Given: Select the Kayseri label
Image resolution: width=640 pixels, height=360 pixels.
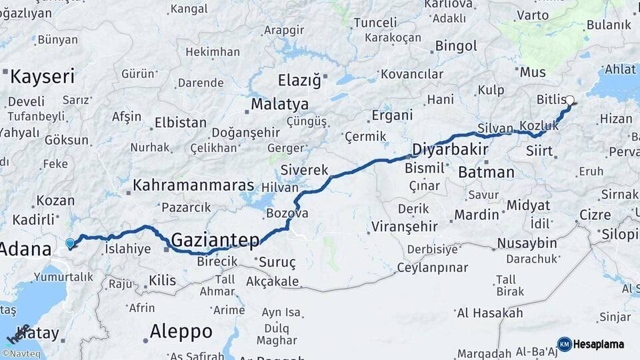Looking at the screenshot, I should (x=42, y=76).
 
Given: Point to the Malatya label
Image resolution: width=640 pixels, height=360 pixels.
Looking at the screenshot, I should (x=280, y=104).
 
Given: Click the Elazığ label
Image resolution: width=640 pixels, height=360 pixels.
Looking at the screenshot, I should (x=299, y=81).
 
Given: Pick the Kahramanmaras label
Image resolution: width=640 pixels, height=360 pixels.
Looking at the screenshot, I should (x=193, y=185).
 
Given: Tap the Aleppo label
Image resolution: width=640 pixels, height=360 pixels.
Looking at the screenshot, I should (x=181, y=331).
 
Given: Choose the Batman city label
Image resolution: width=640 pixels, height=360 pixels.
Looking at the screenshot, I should (x=487, y=172).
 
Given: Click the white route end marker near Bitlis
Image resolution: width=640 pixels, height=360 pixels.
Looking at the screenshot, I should (x=570, y=101).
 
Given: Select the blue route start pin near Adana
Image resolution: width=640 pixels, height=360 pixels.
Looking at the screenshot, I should (x=70, y=244).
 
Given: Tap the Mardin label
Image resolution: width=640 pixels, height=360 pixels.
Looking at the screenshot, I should (x=477, y=215).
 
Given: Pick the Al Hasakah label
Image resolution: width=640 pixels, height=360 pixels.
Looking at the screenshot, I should (x=490, y=313).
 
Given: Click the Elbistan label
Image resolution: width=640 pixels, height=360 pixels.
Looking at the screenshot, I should (x=180, y=123).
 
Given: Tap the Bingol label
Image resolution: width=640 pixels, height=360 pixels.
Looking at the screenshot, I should (x=456, y=46).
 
